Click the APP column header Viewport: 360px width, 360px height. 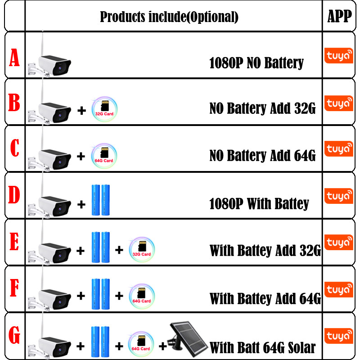pos(339,16)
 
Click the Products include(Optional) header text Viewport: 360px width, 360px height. pos(169,17)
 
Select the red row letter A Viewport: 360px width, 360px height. pos(14,58)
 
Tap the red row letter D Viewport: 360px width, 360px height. pos(14,195)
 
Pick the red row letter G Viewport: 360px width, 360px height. pos(14,335)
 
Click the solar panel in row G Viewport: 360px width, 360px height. pos(187,339)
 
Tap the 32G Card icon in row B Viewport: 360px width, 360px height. pos(104,109)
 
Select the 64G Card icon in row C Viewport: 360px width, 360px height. pos(104,156)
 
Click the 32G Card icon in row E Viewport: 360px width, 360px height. pos(142,250)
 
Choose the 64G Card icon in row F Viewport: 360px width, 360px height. pos(142,296)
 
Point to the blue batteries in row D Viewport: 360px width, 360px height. pos(101,200)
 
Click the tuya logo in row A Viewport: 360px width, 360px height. pos(339,55)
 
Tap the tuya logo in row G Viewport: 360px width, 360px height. pos(339,336)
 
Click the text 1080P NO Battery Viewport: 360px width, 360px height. pos(256,63)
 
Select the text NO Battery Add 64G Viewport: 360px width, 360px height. pos(262,155)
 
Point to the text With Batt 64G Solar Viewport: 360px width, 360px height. pos(263,347)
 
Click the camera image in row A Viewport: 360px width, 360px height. pos(49,60)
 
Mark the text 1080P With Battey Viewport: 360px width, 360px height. pos(259,203)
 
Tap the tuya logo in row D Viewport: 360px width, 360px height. pos(339,196)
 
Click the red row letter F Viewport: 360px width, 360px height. pos(14,288)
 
